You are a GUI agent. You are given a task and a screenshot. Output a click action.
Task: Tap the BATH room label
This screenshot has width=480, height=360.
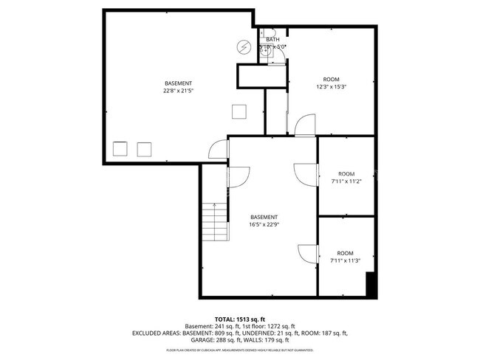(272, 39)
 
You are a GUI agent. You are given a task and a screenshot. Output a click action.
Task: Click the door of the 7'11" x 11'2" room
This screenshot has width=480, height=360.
(305, 175)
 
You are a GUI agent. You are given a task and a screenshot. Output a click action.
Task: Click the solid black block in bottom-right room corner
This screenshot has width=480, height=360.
(371, 285)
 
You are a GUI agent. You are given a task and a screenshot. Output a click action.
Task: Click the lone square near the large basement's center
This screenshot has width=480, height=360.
(239, 111)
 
